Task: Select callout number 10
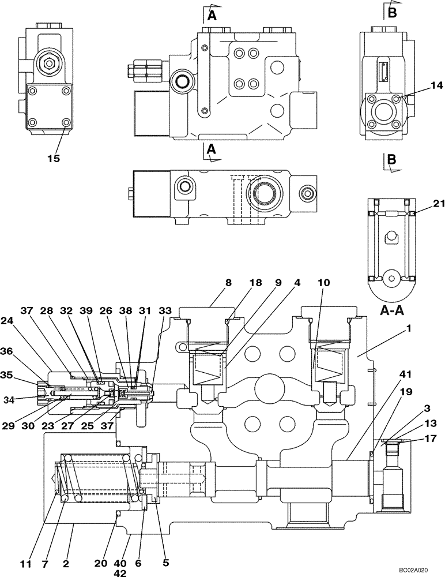point(324,283)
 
